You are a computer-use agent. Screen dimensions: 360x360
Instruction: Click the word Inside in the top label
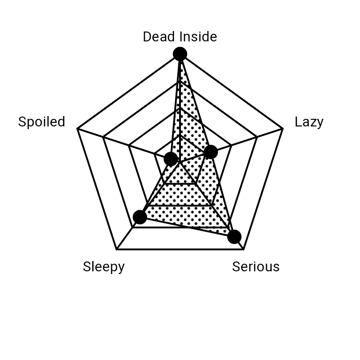[x=198, y=37]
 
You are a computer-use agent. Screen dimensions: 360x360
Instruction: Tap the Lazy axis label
[x=309, y=121]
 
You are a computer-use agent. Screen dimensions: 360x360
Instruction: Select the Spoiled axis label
[x=42, y=121]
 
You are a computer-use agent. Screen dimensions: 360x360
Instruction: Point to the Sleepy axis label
[x=104, y=267]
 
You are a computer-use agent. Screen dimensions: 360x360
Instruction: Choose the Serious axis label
[x=256, y=267]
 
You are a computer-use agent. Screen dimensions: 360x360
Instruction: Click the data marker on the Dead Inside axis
[x=180, y=54]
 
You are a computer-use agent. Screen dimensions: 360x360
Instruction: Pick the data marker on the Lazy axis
[x=211, y=152]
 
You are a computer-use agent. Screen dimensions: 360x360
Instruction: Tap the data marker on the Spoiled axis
[x=171, y=159]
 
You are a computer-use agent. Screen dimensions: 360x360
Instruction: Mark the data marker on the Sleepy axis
[x=140, y=217]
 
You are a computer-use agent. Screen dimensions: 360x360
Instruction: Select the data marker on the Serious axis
[x=234, y=237]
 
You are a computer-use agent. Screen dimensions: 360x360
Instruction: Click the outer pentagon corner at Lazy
[x=283, y=129]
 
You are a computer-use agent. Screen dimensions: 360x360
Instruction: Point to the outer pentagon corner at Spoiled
[x=77, y=129]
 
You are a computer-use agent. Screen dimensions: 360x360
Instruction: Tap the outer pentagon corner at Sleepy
[x=117, y=249]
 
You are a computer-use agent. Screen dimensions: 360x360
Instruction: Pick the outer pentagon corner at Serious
[x=243, y=249]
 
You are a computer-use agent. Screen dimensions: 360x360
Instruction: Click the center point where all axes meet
[x=180, y=162]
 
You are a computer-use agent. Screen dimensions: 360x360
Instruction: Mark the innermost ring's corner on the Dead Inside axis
[x=180, y=135]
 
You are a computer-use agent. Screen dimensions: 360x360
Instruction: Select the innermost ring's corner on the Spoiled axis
[x=154, y=153]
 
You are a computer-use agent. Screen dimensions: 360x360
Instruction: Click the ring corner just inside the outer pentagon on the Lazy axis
[x=257, y=137]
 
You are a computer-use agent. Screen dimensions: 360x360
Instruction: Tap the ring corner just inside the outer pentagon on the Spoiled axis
[x=103, y=137]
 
